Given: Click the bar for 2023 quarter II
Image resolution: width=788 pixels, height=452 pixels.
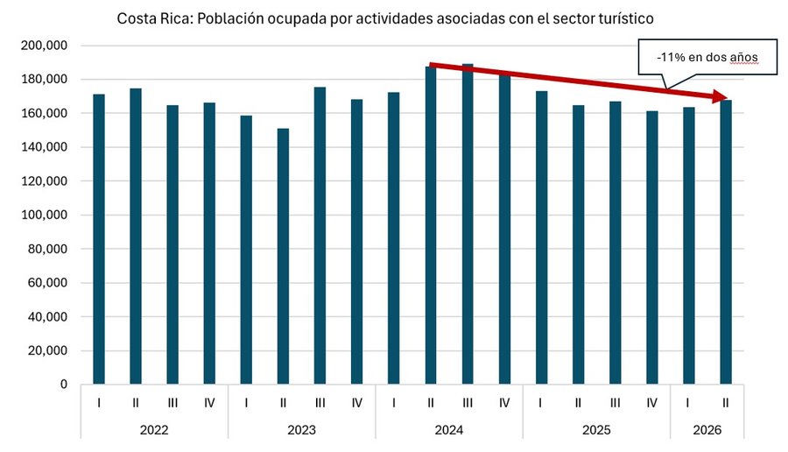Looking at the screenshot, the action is (x=283, y=257).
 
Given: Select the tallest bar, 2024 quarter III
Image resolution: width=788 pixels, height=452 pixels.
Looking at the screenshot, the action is (x=468, y=224).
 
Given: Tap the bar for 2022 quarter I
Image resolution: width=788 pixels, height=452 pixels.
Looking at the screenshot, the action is (x=99, y=239).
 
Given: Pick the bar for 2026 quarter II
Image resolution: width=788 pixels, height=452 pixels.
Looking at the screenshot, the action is (x=726, y=243).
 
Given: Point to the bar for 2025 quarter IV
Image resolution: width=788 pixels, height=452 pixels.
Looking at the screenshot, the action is (x=651, y=248).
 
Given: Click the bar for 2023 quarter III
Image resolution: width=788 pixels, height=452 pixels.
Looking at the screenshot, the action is (x=320, y=236).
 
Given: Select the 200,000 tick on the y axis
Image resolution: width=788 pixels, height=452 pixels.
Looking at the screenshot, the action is (x=45, y=46).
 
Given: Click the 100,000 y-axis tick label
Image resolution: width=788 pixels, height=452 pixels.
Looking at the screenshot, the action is (x=45, y=215).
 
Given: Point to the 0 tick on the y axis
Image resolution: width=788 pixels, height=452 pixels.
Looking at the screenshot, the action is (x=63, y=385).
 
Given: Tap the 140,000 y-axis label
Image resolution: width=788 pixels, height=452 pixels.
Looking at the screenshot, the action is (x=45, y=147).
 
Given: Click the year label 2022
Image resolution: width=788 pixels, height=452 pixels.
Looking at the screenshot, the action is (x=154, y=430).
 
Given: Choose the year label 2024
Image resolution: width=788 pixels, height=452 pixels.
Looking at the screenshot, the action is (x=449, y=430).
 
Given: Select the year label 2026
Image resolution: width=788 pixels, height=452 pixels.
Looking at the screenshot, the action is (x=707, y=430).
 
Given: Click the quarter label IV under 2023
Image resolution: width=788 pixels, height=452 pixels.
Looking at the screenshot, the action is (x=357, y=403).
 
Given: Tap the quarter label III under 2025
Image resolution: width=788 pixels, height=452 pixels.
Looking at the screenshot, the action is (x=615, y=403).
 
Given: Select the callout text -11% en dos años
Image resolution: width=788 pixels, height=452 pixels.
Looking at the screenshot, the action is (x=707, y=57).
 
